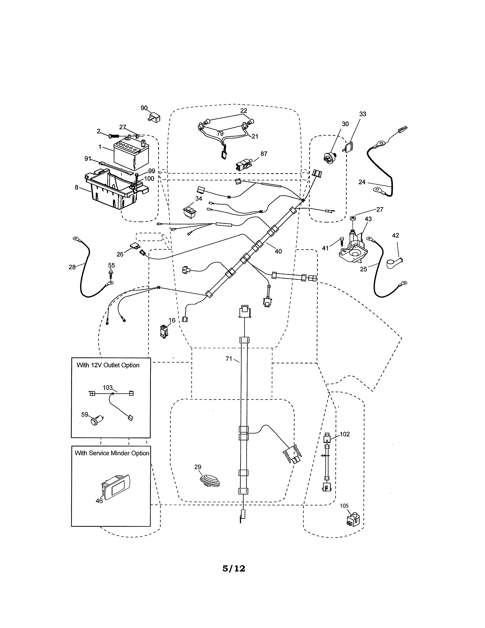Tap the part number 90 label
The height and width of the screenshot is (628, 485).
click(x=144, y=108)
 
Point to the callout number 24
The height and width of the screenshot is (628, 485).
click(x=362, y=182)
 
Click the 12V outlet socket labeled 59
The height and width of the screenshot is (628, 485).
click(x=95, y=421)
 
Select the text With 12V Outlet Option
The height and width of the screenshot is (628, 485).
click(x=108, y=365)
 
